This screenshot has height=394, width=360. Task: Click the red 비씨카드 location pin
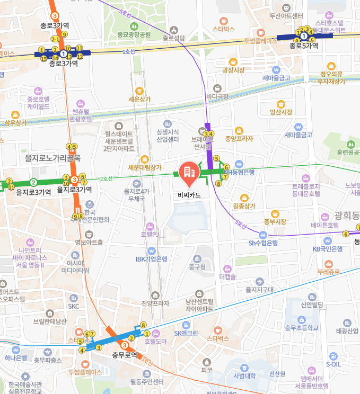click(x=189, y=172)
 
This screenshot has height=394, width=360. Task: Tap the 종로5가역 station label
click(x=304, y=46)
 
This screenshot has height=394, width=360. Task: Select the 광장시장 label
click(x=233, y=70)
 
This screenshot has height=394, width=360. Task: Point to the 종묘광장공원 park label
click(x=134, y=34)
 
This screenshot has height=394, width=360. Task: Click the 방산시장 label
click(x=281, y=112)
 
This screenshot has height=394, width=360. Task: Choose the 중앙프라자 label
click(x=239, y=139)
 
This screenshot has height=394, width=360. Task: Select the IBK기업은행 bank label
click(x=151, y=259)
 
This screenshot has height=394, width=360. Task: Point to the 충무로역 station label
click(x=125, y=355)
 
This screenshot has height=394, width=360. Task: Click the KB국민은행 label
click(x=329, y=248)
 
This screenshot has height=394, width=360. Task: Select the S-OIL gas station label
click(x=333, y=364)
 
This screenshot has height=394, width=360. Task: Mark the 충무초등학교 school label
click(x=302, y=328)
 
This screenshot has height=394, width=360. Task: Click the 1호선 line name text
click(x=129, y=51)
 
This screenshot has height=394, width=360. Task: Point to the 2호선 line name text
click(x=107, y=179)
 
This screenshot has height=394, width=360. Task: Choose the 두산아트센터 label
click(x=286, y=16)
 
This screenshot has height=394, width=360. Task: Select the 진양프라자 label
click(x=155, y=303)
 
